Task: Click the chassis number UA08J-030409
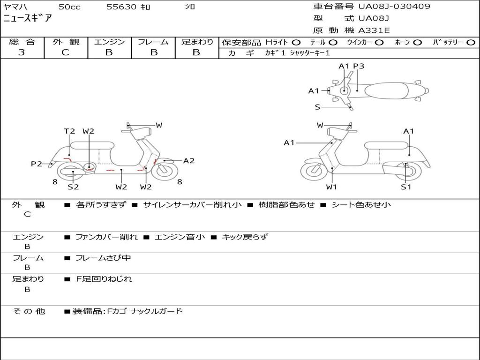coord(394,7)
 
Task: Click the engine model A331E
coord(374,30)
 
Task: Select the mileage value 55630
coord(121,7)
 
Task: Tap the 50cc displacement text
coord(69,7)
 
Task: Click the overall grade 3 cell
coord(22,52)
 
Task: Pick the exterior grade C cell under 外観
coord(65,52)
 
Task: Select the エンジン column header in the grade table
coord(109,42)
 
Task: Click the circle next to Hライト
coord(296,42)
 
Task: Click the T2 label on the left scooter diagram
coord(69,131)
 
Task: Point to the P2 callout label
coord(37,164)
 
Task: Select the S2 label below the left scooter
coord(73,187)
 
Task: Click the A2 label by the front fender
coord(188,161)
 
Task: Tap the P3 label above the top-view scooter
coord(359,66)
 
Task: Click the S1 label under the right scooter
coord(406,187)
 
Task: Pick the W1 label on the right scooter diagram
coord(332,187)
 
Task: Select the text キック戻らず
coord(244,237)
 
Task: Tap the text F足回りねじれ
coord(104,279)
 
